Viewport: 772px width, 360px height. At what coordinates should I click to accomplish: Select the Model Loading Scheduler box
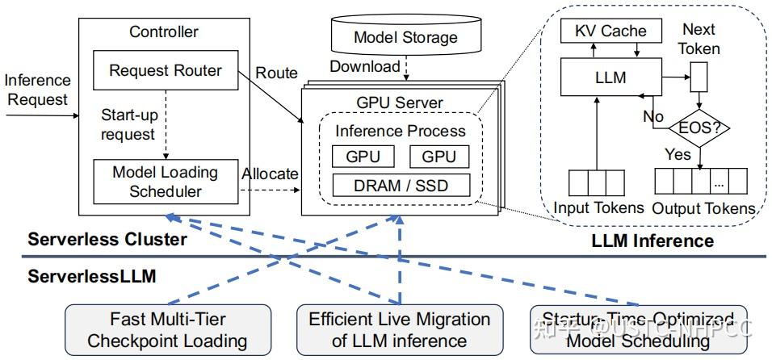(165, 182)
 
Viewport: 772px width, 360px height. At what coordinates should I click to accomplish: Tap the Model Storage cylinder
(405, 36)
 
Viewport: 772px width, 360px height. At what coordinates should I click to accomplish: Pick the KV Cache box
(610, 31)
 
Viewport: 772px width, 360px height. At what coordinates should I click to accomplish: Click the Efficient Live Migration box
(399, 329)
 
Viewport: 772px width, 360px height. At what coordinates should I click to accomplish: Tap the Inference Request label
(38, 90)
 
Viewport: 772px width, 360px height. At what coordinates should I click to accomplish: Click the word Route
(276, 73)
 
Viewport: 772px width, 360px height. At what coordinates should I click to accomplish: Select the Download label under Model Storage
(364, 66)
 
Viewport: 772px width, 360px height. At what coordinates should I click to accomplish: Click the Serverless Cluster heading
(107, 240)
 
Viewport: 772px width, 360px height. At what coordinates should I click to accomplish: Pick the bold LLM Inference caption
(652, 241)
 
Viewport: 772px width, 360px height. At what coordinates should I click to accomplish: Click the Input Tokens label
(598, 208)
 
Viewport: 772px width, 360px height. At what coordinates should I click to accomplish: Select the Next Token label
(699, 38)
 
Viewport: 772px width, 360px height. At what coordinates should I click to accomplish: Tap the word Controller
(164, 32)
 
